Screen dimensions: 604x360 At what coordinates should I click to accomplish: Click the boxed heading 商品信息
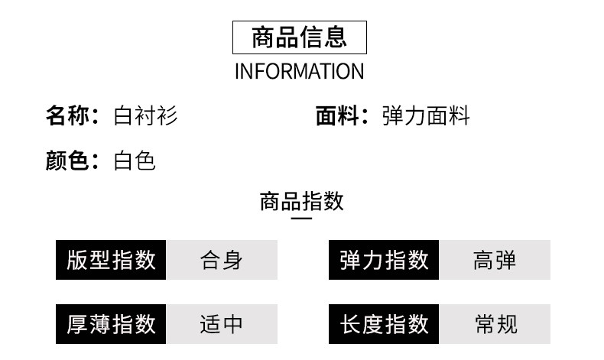click(299, 37)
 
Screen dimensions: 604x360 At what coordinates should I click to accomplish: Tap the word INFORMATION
click(299, 71)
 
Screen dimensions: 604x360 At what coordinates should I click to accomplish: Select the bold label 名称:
click(72, 115)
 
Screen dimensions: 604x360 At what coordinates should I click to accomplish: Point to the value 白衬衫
click(145, 115)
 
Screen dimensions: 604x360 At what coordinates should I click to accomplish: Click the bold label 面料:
click(342, 115)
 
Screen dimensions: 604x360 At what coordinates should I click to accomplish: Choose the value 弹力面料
click(426, 115)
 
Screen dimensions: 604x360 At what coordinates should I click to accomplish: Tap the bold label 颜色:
click(72, 161)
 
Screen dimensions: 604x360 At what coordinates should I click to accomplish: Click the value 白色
click(135, 161)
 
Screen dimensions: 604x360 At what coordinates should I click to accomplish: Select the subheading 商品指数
click(301, 201)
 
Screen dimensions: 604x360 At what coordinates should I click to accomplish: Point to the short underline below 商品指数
click(301, 219)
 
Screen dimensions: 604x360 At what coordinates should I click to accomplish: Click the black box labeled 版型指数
click(111, 260)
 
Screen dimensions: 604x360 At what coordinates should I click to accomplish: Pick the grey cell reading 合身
click(222, 260)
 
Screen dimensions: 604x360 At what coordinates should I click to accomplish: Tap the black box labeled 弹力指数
click(384, 260)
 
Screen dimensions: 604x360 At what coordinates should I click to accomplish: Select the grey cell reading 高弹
click(495, 260)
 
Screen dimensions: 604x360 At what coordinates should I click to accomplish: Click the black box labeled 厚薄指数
click(111, 324)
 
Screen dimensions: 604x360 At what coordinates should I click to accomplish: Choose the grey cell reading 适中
click(222, 324)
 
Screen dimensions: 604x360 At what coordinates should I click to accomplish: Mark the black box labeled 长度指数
click(384, 324)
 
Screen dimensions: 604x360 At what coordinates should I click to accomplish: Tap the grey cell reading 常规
click(495, 324)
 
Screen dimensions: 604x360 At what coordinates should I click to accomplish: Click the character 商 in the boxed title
click(264, 37)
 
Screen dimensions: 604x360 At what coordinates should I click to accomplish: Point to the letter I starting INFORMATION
click(237, 71)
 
